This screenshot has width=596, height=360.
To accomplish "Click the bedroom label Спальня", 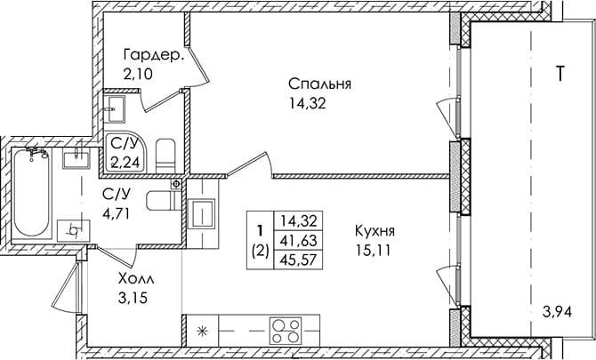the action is (319, 84).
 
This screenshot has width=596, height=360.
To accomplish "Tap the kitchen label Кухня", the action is (375, 230).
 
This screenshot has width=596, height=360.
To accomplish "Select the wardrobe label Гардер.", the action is (154, 56).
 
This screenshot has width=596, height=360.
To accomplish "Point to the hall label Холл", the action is (136, 279).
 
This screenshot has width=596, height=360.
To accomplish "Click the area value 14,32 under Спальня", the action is (307, 103).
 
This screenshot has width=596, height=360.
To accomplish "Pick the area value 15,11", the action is (373, 251).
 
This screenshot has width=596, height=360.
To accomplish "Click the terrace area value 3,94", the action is (558, 313).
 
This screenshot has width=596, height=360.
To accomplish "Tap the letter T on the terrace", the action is (560, 73).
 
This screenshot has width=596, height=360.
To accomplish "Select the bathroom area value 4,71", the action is (117, 214).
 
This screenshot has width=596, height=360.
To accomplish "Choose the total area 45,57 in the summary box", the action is (298, 260).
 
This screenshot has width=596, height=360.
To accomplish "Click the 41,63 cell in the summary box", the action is (298, 240).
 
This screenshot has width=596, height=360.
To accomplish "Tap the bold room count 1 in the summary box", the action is (261, 230).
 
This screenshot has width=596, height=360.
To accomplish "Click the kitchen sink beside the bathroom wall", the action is (202, 214).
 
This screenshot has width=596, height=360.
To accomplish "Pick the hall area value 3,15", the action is (133, 298).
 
